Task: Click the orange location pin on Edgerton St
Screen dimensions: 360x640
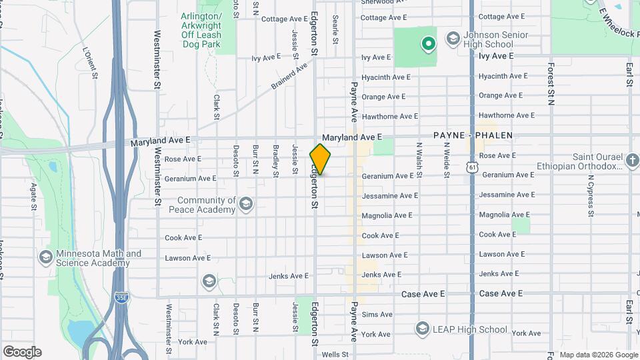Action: (x=320, y=159)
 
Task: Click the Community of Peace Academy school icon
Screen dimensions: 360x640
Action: (x=246, y=203)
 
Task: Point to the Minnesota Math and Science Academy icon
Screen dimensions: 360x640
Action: (x=46, y=257)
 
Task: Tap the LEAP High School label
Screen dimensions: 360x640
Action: (x=474, y=329)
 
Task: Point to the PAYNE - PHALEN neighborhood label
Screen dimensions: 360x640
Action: (x=473, y=135)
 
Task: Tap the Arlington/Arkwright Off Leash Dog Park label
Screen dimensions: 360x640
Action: (x=201, y=30)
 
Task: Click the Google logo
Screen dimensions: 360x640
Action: (x=22, y=351)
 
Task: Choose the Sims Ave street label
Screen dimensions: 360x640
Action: (x=377, y=315)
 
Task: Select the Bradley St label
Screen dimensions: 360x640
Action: (x=275, y=161)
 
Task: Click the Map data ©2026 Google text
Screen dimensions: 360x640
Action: (x=598, y=355)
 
